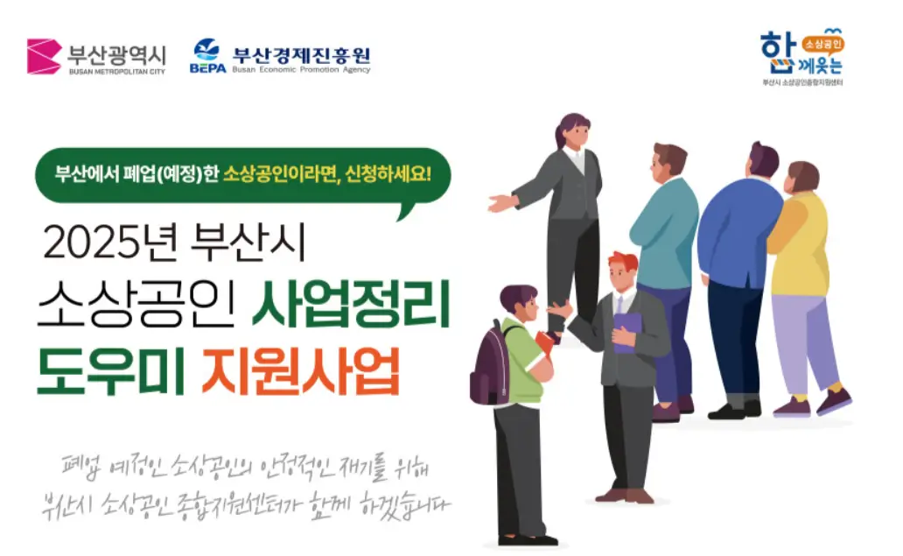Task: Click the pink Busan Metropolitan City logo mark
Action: point(44,57)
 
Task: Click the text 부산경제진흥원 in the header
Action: point(301,53)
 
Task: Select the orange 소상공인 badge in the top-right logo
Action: point(822,40)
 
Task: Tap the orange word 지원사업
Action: point(300,372)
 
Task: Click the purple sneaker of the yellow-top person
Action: point(834,402)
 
